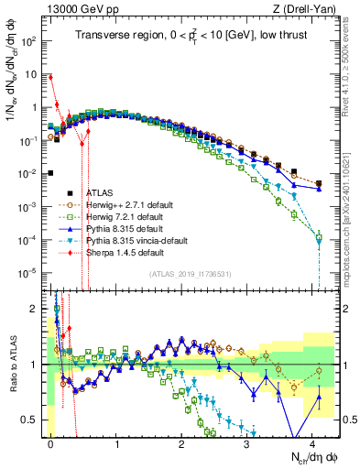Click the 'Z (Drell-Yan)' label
tap(309, 8)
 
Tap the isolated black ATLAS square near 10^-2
tap(51, 173)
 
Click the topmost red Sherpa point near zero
tap(51, 77)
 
